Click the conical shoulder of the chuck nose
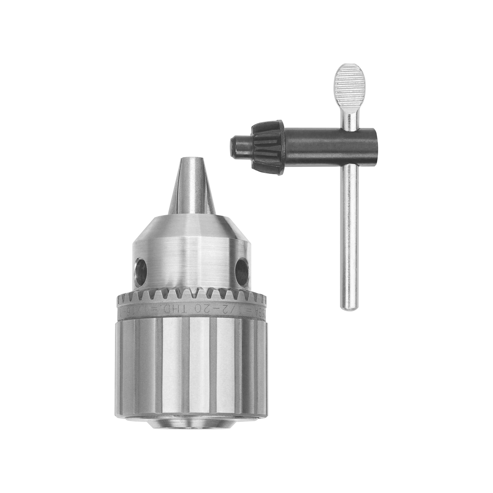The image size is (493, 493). point(191,227)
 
